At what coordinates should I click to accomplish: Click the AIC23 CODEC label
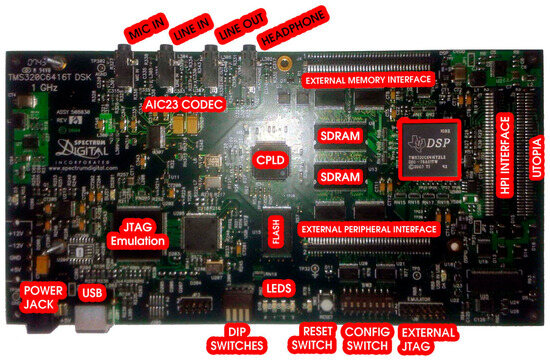tap(184, 103)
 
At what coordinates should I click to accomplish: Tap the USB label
tap(91, 293)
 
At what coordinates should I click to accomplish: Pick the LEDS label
tap(277, 289)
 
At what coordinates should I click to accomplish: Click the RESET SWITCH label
tap(312, 338)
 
